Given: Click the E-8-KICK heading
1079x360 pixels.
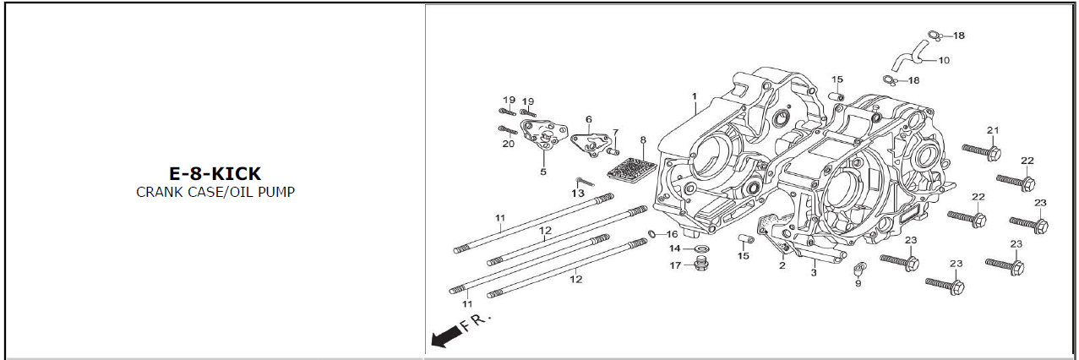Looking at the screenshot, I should click(215, 174).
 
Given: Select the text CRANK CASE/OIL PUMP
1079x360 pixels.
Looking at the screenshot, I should click(215, 192).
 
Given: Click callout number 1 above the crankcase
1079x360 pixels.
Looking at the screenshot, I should click(695, 96).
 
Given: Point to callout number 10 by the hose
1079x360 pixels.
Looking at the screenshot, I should click(944, 60).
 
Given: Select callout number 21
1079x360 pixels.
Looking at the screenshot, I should click(993, 130).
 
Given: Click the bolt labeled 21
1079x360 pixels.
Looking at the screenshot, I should click(982, 151).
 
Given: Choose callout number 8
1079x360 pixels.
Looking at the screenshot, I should click(643, 140).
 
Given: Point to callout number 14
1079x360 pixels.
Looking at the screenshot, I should click(675, 248).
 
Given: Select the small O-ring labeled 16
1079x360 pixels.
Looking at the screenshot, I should click(653, 233).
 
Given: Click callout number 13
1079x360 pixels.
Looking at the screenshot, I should click(578, 194).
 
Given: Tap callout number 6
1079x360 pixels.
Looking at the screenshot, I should click(588, 120).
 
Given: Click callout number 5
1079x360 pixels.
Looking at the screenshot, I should click(543, 172).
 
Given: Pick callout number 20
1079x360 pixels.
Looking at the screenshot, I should click(508, 144).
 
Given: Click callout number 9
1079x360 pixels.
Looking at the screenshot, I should click(858, 284).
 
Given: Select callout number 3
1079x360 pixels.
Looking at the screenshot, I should click(814, 273).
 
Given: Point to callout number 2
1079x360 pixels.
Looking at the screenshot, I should click(782, 266).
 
